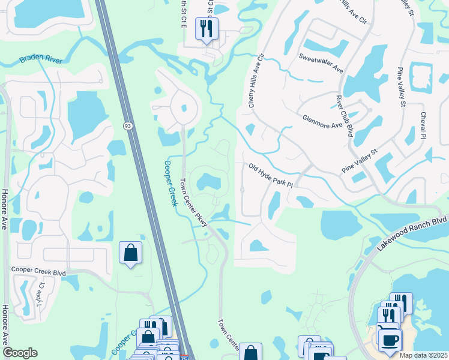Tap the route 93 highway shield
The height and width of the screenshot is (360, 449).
(128, 125)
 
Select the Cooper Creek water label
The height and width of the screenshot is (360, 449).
(171, 183)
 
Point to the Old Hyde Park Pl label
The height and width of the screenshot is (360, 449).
(270, 175)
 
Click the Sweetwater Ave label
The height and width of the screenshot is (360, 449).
(321, 62)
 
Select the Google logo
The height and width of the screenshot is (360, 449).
(20, 353)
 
